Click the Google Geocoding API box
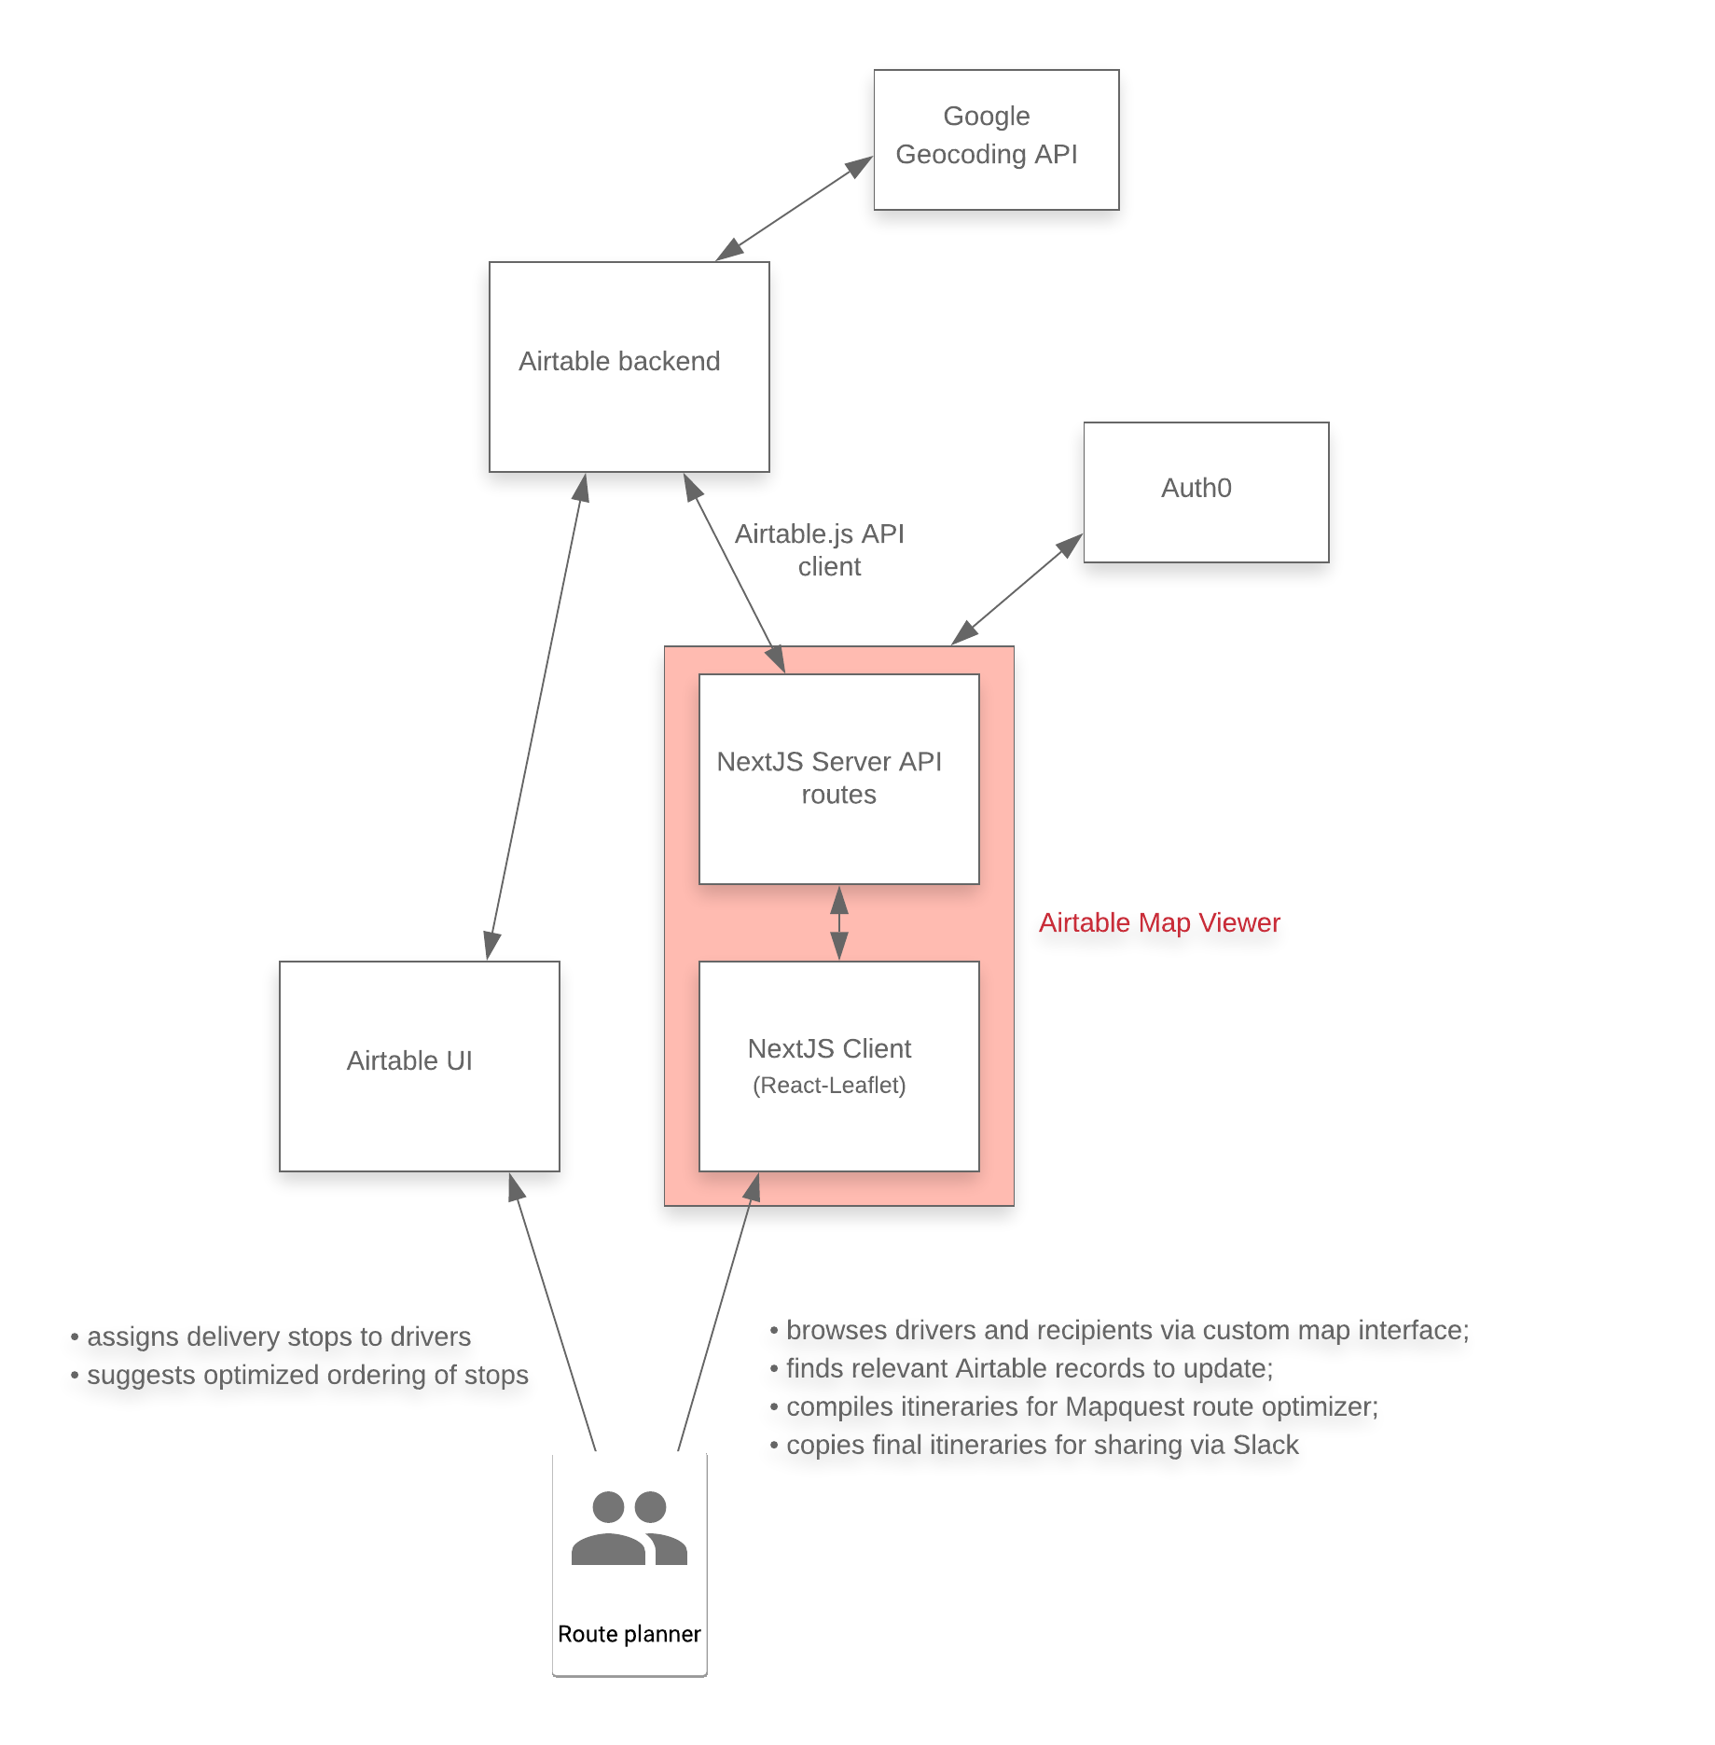[995, 140]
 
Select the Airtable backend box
[629, 367]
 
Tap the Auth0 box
[1205, 492]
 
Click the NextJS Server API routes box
[838, 778]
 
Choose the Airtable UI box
[419, 1065]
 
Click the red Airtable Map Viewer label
[1159, 922]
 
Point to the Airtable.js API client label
[820, 549]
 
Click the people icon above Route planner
[629, 1528]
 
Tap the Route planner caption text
[629, 1634]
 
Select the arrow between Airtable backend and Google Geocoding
[795, 208]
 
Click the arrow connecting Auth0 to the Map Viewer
[1017, 589]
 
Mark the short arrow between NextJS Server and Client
[839, 922]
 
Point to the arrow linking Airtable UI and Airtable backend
[535, 716]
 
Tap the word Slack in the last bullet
[1266, 1445]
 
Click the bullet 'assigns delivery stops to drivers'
[278, 1336]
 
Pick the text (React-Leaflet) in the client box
[829, 1085]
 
